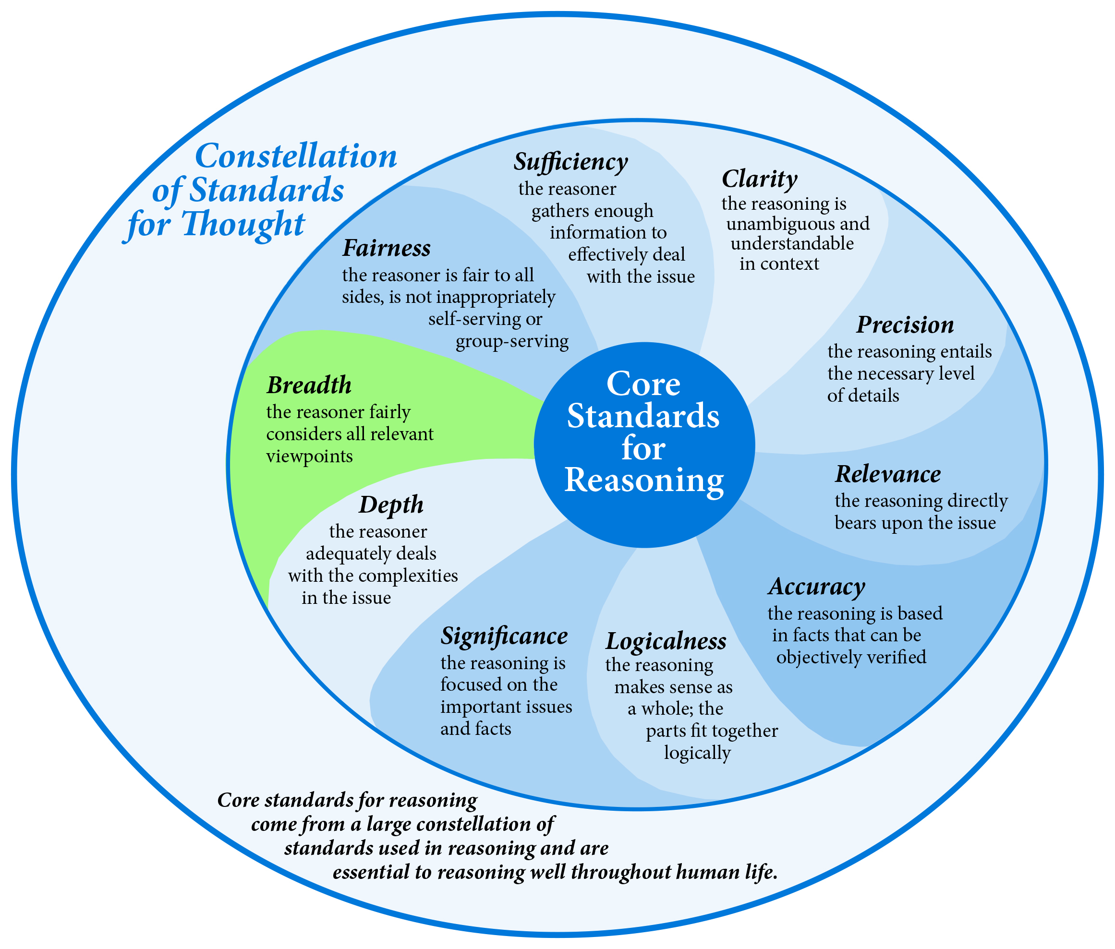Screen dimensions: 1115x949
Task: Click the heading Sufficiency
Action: tap(571, 161)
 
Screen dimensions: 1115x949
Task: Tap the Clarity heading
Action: tap(759, 179)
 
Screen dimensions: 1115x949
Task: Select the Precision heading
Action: tap(905, 324)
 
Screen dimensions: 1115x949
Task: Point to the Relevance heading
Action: tap(888, 474)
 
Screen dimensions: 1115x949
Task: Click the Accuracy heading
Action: tap(816, 587)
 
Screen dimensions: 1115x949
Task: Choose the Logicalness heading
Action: tap(666, 641)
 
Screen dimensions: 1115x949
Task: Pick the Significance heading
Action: tap(504, 636)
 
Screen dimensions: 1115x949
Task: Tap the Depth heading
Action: tap(391, 505)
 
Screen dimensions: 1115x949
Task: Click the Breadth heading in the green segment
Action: tap(309, 385)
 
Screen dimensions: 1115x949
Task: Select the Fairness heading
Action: tap(387, 248)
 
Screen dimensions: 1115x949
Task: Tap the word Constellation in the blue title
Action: tap(296, 156)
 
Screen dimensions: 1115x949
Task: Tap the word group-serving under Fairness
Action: tap(512, 342)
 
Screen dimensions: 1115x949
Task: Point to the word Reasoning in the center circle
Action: tap(644, 480)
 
